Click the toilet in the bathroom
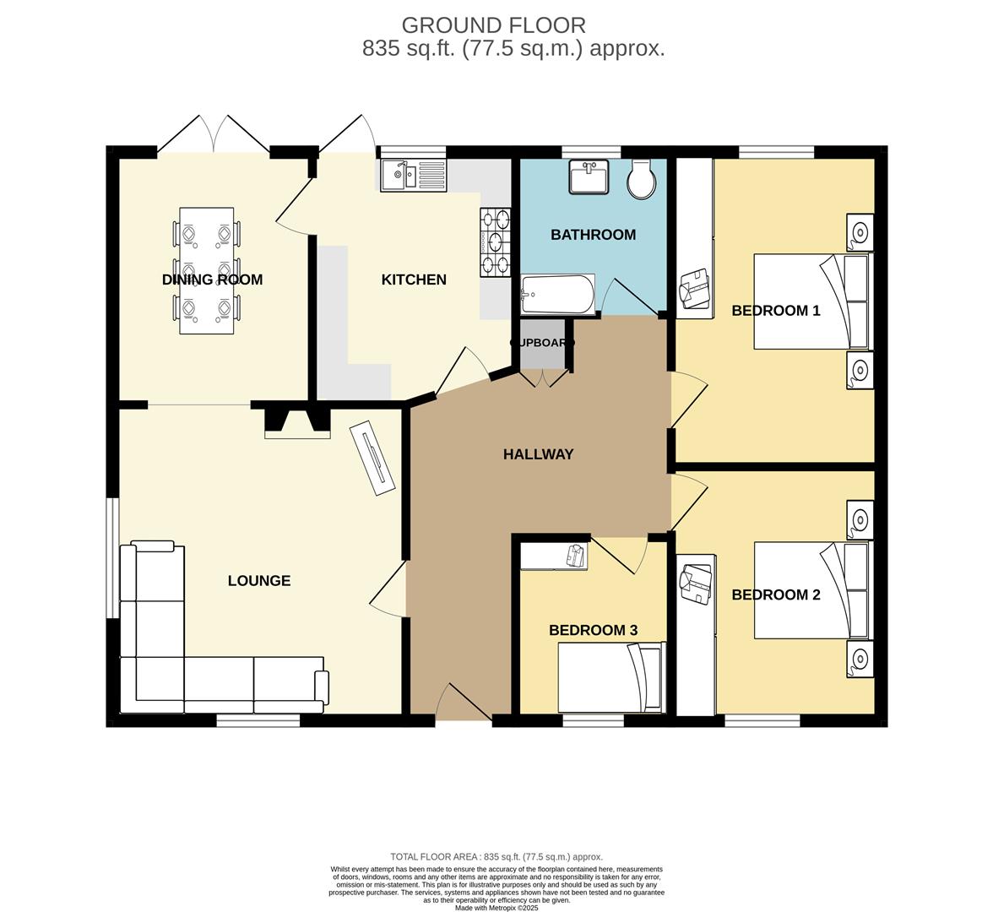[641, 179]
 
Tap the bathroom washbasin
[589, 177]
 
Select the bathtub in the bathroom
[557, 293]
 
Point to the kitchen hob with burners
[496, 243]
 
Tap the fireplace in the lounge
[297, 421]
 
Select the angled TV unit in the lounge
[372, 456]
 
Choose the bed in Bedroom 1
[811, 301]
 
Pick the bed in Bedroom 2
[811, 589]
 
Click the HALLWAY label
[538, 454]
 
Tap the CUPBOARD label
[542, 343]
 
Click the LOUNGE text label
[259, 581]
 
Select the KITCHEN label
[414, 280]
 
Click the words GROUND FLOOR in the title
[493, 25]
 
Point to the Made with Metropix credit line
[496, 908]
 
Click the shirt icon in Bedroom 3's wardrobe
[575, 556]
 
